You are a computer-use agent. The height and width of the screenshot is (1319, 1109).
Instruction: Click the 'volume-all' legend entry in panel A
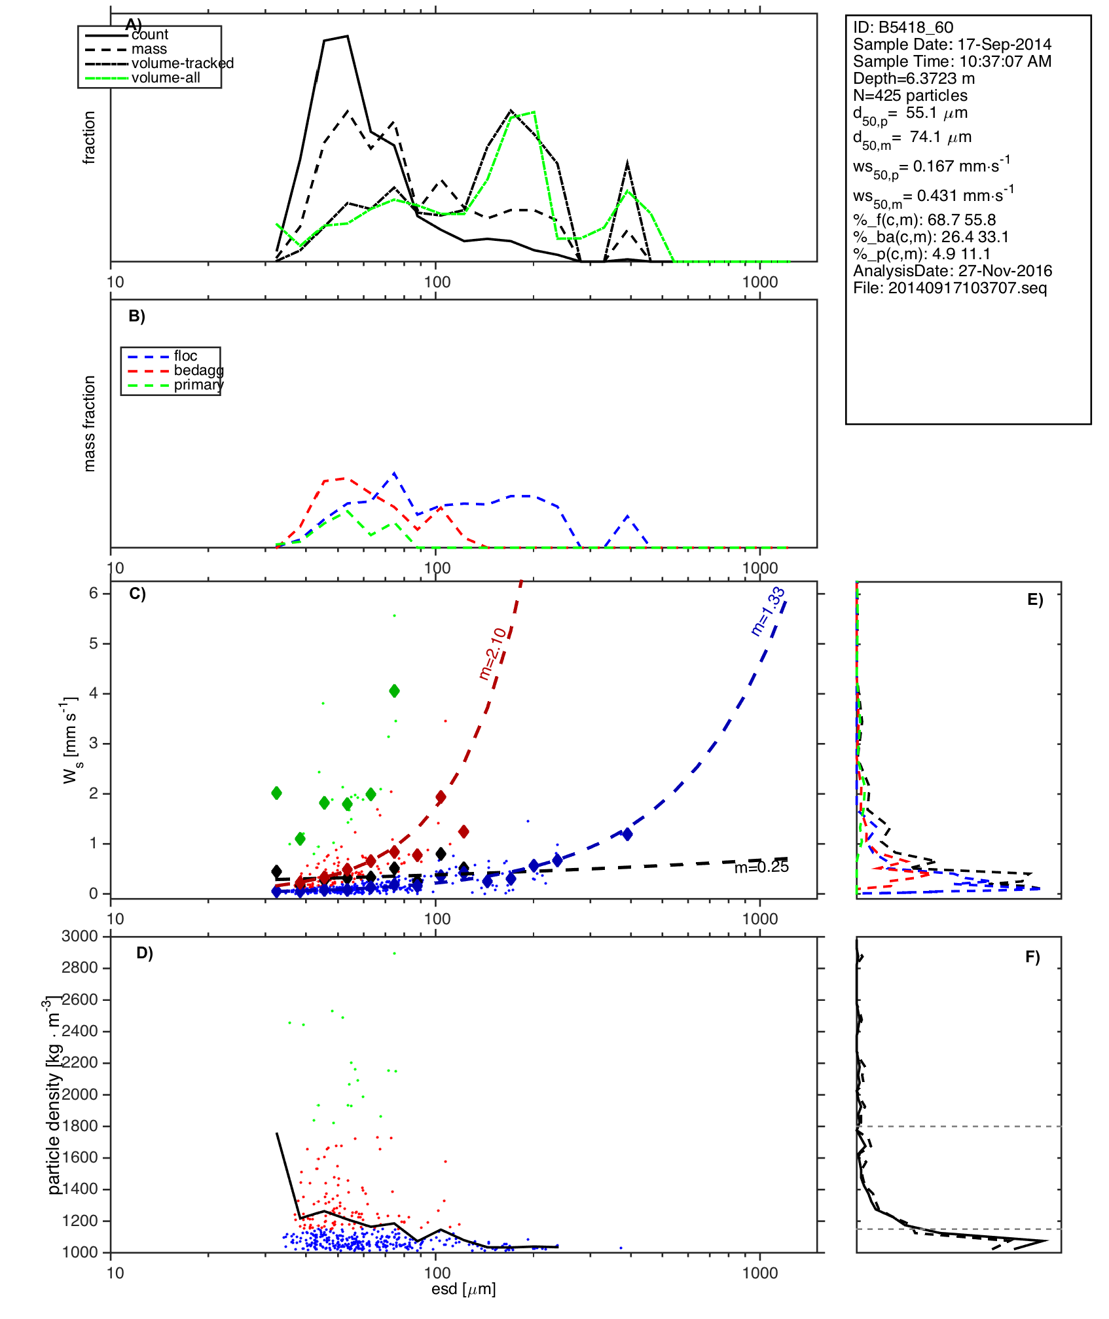(166, 78)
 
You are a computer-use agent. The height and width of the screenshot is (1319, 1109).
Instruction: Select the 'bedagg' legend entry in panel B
(198, 370)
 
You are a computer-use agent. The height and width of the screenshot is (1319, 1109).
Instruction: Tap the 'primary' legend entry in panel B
(198, 385)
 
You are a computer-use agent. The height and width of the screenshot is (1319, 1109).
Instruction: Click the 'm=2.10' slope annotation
(492, 653)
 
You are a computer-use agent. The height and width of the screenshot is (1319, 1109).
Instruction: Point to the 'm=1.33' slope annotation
(767, 611)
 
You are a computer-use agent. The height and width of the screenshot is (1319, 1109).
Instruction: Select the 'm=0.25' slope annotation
(761, 867)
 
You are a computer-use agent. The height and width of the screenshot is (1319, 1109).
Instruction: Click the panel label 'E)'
(1034, 600)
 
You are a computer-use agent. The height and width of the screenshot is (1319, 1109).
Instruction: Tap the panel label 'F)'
(1032, 957)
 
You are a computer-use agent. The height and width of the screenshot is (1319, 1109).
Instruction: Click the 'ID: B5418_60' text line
(903, 27)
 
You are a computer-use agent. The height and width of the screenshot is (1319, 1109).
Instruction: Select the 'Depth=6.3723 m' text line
(913, 79)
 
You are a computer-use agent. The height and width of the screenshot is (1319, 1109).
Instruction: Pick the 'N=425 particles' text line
(910, 96)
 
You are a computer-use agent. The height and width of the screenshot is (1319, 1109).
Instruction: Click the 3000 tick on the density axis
(80, 937)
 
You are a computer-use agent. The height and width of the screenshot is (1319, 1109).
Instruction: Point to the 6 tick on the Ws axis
(94, 593)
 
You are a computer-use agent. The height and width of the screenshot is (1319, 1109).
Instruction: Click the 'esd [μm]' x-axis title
(464, 1290)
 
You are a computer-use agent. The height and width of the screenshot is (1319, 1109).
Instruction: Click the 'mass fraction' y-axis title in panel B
(90, 424)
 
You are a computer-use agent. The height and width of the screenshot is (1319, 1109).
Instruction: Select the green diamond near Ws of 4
(394, 691)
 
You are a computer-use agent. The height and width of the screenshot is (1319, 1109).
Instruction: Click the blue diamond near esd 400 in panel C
(627, 834)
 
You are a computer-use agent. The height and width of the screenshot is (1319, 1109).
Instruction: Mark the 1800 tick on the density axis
(80, 1126)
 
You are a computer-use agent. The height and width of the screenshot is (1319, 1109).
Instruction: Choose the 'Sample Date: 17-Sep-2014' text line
(952, 45)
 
